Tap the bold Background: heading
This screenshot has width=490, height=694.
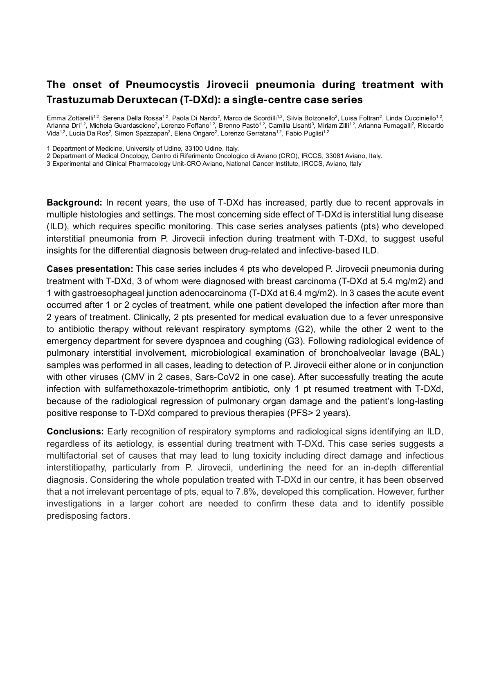click(x=74, y=203)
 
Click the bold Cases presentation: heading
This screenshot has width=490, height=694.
click(x=90, y=269)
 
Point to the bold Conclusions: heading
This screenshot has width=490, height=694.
click(x=75, y=432)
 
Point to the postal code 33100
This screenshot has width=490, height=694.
click(x=193, y=149)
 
